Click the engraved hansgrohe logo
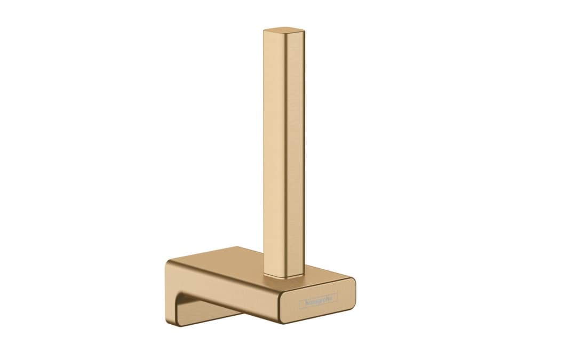pos(319,301)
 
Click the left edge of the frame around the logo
pos(299,304)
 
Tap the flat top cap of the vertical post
pos(284,29)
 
